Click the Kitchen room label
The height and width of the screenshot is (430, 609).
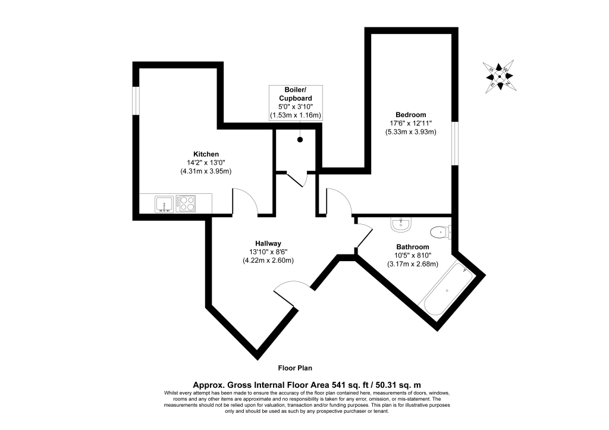(206, 154)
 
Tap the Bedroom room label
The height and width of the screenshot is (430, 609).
(410, 115)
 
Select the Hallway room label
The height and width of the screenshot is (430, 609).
(268, 244)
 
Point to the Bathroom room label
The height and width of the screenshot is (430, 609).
(413, 247)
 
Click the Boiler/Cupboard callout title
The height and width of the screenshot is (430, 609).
(295, 94)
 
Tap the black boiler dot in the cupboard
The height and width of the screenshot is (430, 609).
(300, 140)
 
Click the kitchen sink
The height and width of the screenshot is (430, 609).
(164, 204)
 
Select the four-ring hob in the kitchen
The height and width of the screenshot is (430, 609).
(186, 203)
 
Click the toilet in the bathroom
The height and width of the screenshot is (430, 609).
(441, 233)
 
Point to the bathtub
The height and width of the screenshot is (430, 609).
(448, 290)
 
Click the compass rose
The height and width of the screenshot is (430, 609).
(500, 77)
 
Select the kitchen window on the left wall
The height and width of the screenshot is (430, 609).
(136, 101)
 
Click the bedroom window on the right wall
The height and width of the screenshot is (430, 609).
(455, 144)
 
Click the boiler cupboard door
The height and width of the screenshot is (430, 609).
(295, 178)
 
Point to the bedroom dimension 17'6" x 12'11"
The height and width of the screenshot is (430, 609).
(411, 123)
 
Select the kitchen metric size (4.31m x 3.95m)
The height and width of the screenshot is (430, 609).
(206, 171)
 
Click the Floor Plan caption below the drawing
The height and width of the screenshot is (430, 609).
(295, 368)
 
